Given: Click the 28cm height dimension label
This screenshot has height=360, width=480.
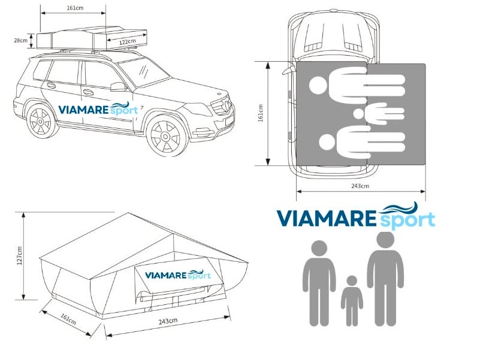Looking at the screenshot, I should coord(20,40).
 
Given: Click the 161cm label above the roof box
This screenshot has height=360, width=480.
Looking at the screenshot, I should coord(75,9).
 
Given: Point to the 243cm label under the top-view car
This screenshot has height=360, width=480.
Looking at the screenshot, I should coord(360,186).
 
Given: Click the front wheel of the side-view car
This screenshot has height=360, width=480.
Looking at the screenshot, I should coord(164,135).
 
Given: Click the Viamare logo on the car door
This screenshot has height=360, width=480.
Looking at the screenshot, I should coord(98,110).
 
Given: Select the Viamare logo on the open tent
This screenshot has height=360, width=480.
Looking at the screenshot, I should coord(177,275).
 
